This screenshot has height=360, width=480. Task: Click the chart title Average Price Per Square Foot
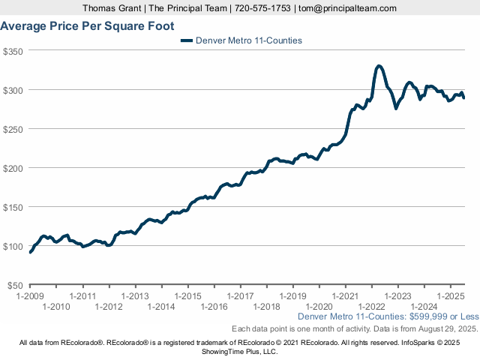(88, 26)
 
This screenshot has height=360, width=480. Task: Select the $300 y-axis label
(13, 90)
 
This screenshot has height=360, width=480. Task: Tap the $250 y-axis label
(13, 129)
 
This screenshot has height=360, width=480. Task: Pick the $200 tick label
(13, 168)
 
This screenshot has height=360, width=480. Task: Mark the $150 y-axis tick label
(13, 207)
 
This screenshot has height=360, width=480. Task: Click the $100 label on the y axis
(13, 246)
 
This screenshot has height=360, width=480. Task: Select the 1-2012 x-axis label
(109, 306)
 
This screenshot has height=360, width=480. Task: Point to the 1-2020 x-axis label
(319, 306)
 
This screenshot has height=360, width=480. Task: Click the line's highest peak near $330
(379, 66)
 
